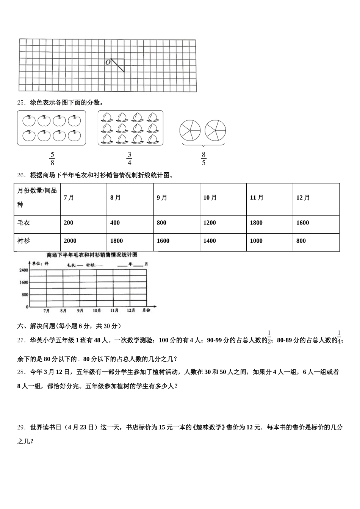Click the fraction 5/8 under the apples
tap(52, 159)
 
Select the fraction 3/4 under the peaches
tap(129, 159)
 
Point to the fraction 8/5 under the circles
tap(203, 159)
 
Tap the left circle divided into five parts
tap(190, 130)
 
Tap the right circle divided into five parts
tap(215, 130)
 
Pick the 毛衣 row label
tap(23, 223)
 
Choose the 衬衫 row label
tap(23, 241)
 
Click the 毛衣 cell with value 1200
tap(210, 223)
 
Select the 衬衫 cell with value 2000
tap(70, 241)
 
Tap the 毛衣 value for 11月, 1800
tap(256, 223)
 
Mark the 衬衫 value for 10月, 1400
tap(210, 241)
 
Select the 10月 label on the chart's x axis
tap(97, 311)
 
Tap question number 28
tap(21, 372)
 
